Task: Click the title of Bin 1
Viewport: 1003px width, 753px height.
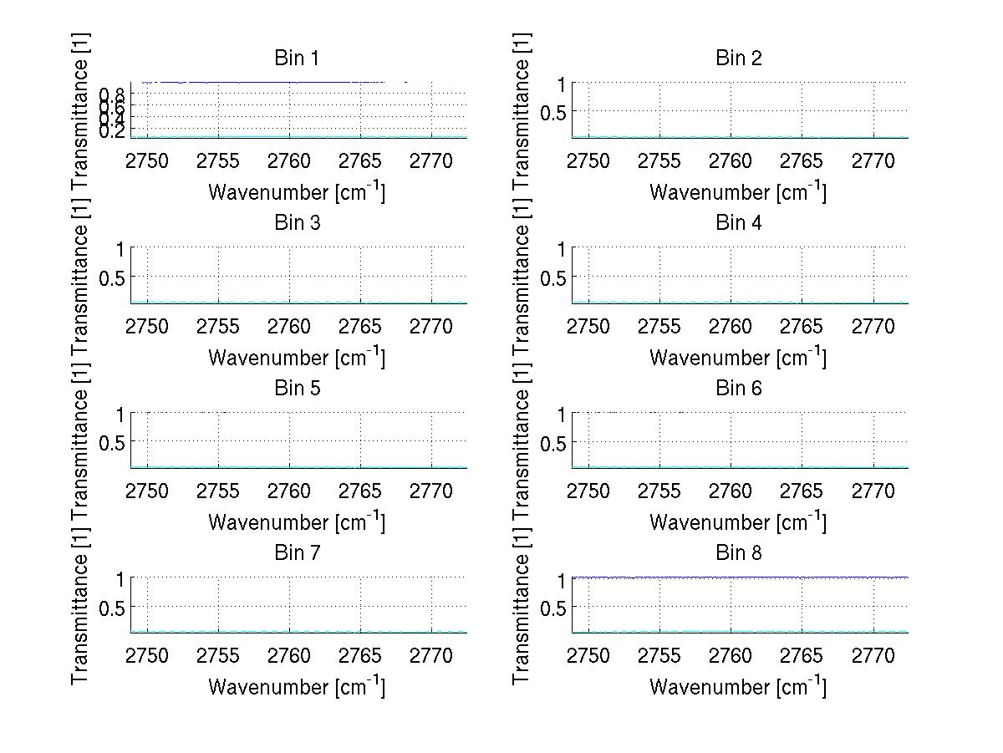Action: click(297, 59)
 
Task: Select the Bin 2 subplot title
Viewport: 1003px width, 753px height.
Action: click(738, 59)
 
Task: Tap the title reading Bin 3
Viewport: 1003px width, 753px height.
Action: click(297, 223)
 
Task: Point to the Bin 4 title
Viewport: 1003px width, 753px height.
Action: click(738, 223)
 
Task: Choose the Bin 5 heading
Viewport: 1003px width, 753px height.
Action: click(297, 389)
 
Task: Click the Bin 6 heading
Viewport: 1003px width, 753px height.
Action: click(738, 389)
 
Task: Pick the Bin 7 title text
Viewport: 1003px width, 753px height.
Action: click(297, 553)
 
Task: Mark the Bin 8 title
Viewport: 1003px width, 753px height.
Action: click(738, 553)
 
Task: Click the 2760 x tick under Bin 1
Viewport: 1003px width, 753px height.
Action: click(290, 161)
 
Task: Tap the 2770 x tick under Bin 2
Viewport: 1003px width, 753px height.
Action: click(873, 161)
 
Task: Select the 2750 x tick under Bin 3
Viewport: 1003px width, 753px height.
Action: click(147, 327)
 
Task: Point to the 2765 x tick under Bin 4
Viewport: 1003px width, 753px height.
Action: click(802, 327)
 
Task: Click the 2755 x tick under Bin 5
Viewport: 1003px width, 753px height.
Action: click(218, 491)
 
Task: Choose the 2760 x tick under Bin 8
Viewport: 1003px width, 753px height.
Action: click(731, 656)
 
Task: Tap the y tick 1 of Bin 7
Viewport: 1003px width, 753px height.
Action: click(120, 579)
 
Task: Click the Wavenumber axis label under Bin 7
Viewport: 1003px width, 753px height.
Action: click(297, 687)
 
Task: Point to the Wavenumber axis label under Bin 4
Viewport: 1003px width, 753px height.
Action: click(738, 358)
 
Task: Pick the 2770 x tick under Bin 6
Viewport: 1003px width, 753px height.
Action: click(873, 491)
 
